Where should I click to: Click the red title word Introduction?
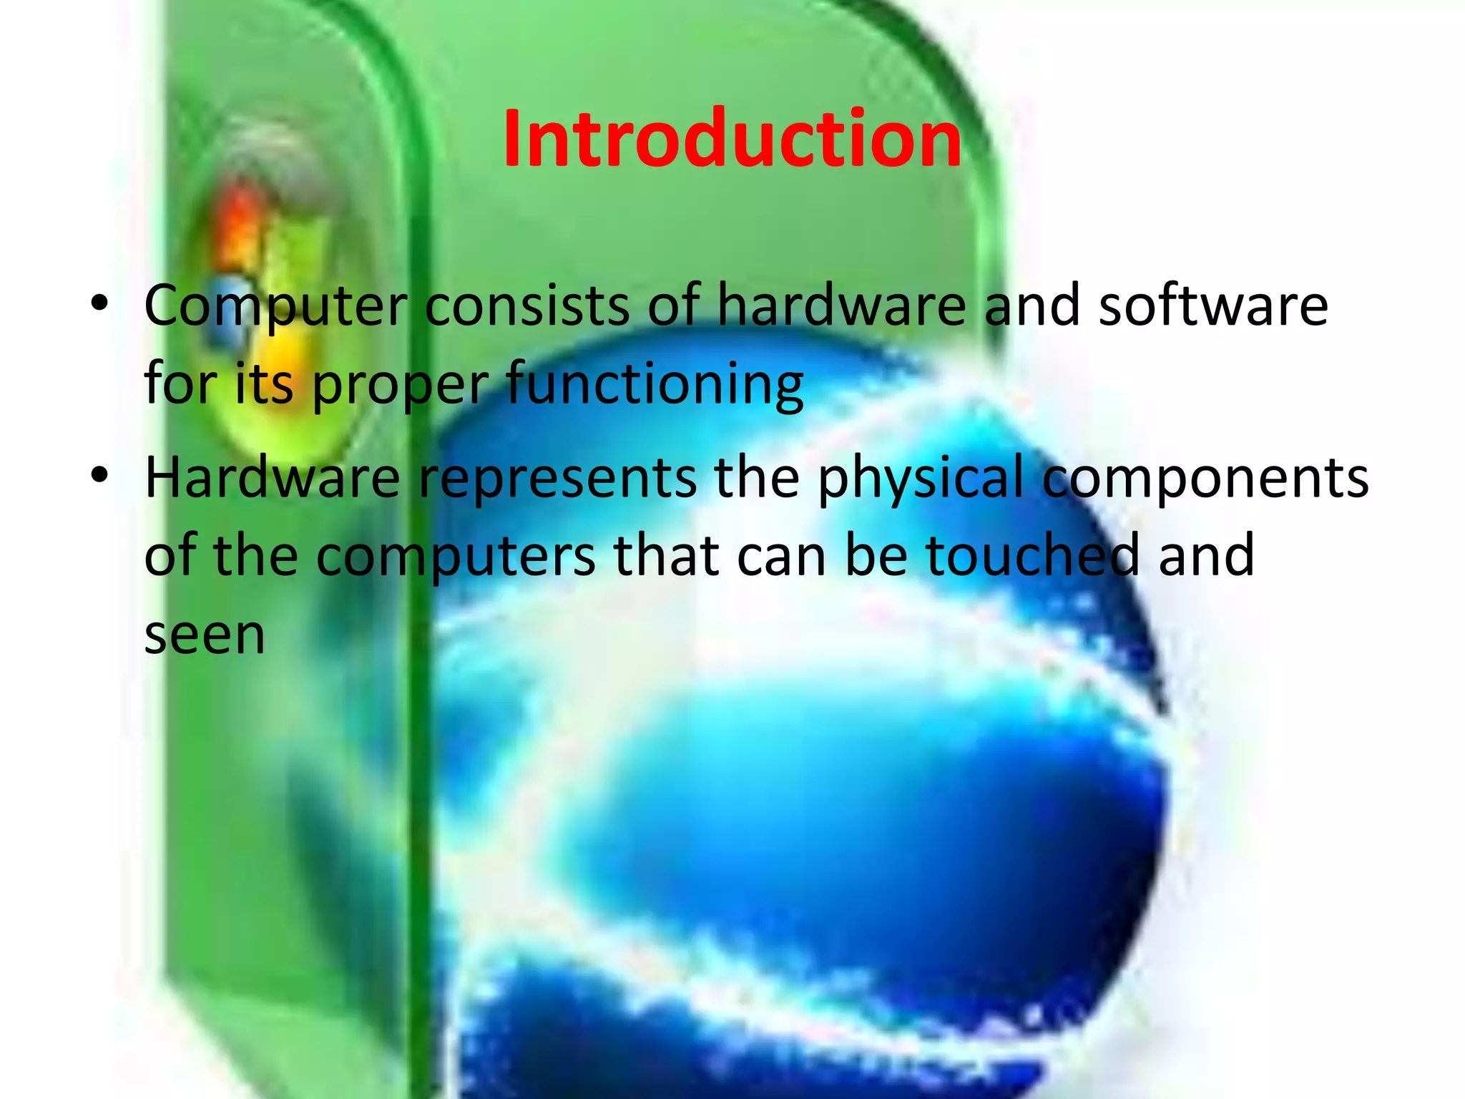point(732,139)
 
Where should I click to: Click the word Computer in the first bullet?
point(276,306)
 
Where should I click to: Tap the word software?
point(1213,306)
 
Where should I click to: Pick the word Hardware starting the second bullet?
point(273,478)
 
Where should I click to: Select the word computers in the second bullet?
point(456,556)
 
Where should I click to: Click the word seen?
point(205,635)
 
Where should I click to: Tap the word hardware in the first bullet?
point(841,306)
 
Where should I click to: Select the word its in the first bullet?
point(264,385)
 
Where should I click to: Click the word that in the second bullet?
point(667,556)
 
